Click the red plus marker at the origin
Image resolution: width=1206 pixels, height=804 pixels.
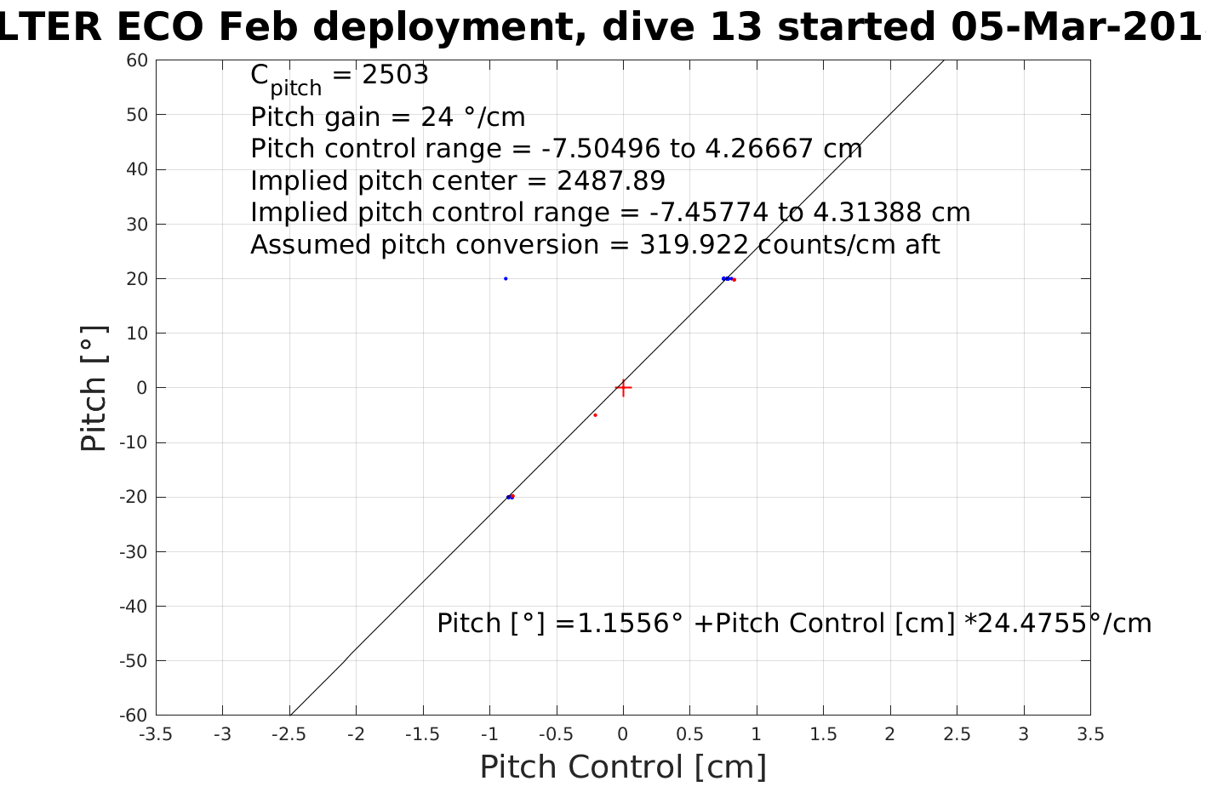coord(623,388)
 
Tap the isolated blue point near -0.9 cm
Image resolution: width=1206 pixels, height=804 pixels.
coord(506,278)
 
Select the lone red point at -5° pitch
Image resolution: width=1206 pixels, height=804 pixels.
coord(595,415)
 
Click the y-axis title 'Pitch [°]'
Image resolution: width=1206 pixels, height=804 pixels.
coord(94,388)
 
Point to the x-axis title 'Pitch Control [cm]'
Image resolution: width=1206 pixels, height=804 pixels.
coord(623,767)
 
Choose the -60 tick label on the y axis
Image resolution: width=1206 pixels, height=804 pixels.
coord(134,716)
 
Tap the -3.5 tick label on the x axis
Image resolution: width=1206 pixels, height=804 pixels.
coord(155,734)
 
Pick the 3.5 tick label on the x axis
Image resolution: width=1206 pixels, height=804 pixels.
coord(1090,734)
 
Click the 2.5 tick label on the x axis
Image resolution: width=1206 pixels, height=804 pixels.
coord(957,734)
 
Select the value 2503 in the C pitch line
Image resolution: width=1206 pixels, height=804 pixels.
coord(395,76)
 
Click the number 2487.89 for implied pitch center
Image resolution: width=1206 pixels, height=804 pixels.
coord(610,181)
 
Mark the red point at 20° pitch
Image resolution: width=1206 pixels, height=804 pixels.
coord(734,280)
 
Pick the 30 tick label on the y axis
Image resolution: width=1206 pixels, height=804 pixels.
coord(138,225)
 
